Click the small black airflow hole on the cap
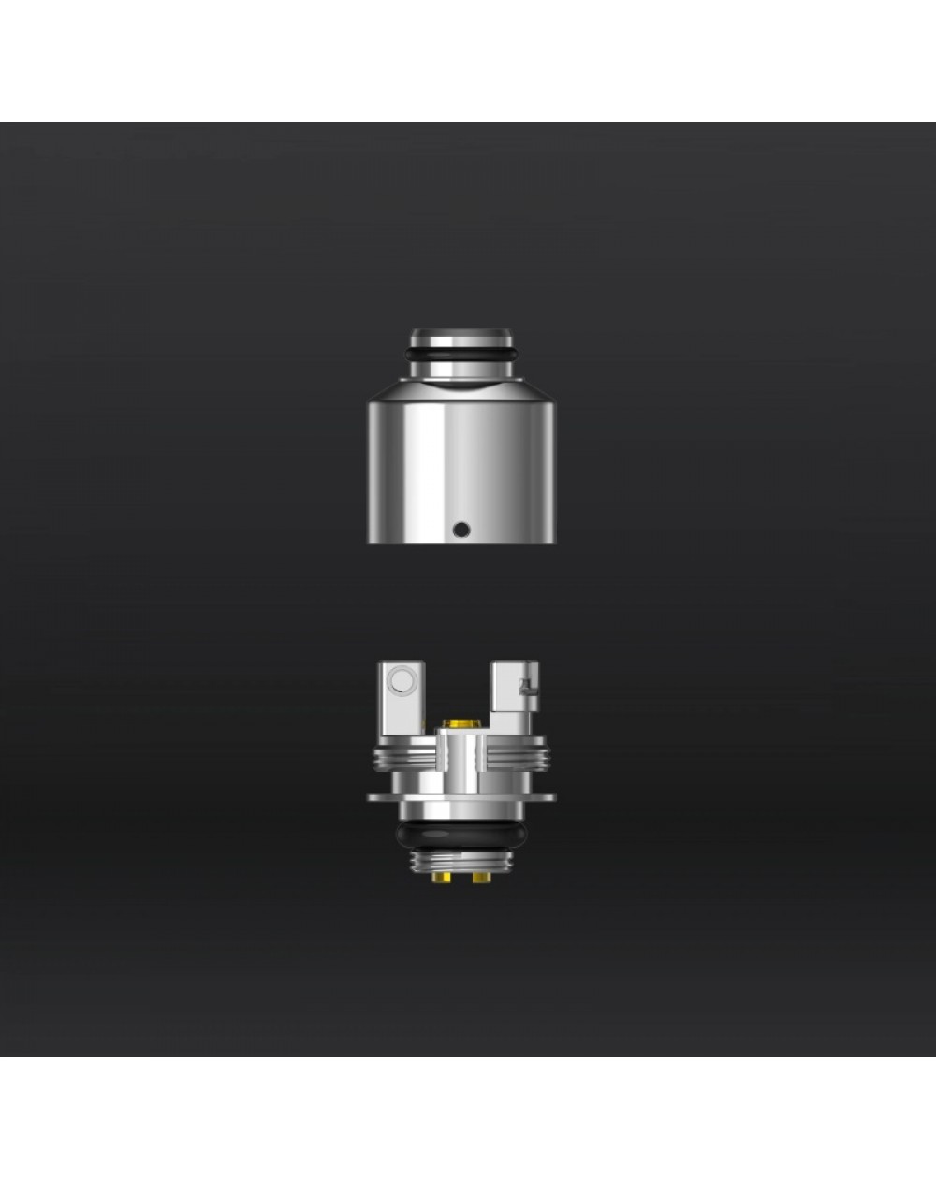459,530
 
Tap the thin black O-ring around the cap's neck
460,355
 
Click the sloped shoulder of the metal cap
460,382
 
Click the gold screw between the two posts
460,724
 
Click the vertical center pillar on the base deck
460,763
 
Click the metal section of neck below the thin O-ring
460,370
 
